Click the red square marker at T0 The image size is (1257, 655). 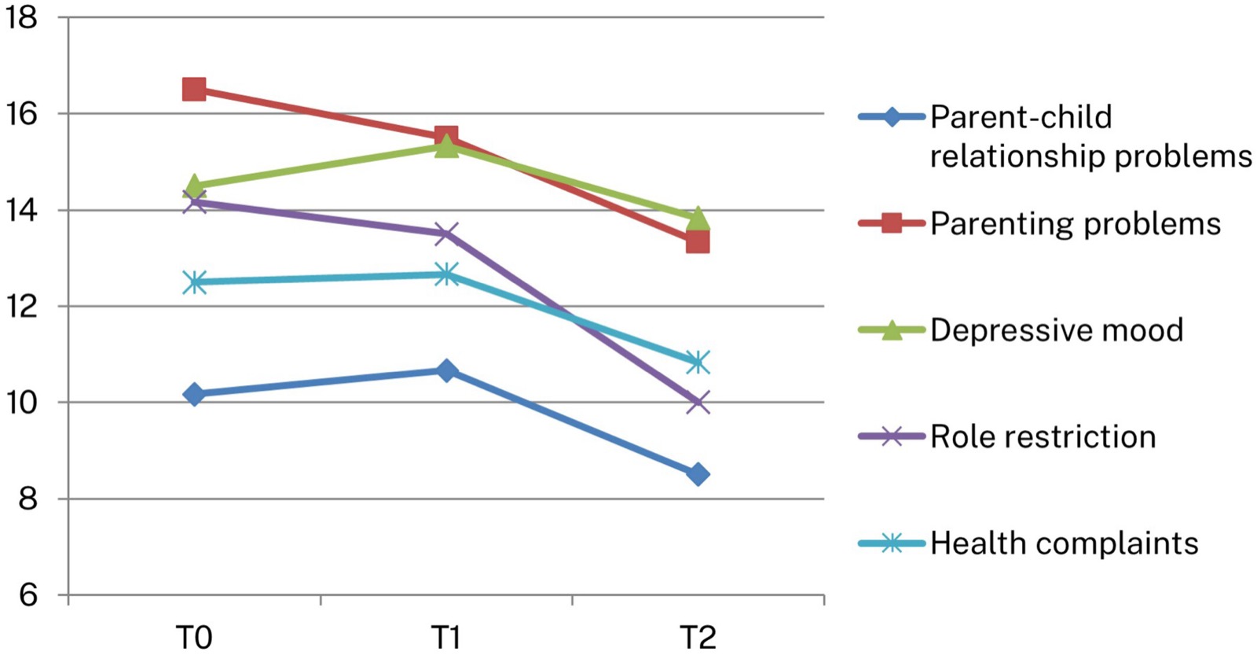click(194, 90)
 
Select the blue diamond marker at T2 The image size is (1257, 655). click(698, 475)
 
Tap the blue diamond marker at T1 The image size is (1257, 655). click(447, 371)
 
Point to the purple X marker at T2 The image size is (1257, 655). click(698, 403)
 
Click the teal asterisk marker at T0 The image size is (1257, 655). click(194, 282)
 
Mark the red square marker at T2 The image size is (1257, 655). click(698, 243)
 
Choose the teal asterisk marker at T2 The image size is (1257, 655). click(698, 362)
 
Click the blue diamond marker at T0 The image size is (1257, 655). click(194, 395)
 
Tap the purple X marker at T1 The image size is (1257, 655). click(447, 233)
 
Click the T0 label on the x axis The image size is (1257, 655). click(194, 638)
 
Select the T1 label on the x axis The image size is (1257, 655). click(446, 638)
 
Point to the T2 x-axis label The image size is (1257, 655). click(698, 638)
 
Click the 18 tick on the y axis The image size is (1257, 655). click(20, 17)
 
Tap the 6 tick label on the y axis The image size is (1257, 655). click(28, 595)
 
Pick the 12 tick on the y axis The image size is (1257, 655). click(20, 306)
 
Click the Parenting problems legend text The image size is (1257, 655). click(1076, 224)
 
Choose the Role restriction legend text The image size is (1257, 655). click(1043, 436)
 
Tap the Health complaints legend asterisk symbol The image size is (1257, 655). click(892, 543)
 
